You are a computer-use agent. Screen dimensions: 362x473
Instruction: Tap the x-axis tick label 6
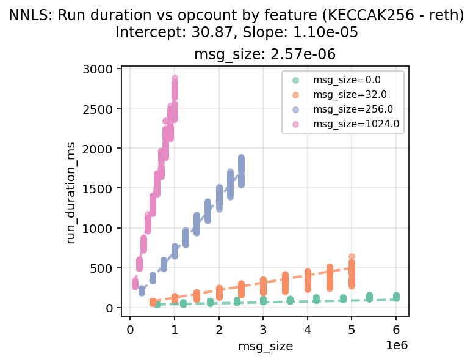point(396,330)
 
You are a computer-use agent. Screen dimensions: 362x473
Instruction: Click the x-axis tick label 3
point(263,330)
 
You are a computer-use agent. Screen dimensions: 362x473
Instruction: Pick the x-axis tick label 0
point(130,330)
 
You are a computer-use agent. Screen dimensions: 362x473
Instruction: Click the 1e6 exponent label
point(397,345)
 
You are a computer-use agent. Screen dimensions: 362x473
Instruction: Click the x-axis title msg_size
point(265,347)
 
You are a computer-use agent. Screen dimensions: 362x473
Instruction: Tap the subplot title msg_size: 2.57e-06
point(265,54)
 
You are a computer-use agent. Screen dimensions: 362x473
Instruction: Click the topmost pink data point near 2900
point(175,78)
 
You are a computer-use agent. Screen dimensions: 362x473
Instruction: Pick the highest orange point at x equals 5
point(352,257)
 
